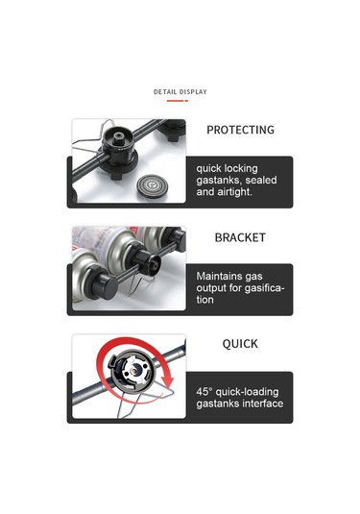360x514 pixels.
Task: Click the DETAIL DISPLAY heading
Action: pos(180,92)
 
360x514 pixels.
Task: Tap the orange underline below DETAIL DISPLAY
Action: pos(178,101)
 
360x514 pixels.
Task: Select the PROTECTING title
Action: pos(240,130)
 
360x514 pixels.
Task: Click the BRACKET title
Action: pos(240,237)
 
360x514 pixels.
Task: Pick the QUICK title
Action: pos(240,344)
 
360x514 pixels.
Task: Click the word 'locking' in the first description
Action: pos(241,169)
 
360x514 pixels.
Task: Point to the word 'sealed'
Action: pos(261,181)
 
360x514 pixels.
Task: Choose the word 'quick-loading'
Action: pos(248,392)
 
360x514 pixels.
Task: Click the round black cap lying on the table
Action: pos(151,186)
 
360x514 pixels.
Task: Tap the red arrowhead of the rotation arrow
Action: pos(168,381)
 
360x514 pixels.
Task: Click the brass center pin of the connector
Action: pos(133,371)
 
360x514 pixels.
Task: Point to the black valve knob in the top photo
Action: pos(117,143)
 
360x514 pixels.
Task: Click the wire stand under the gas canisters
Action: pos(140,282)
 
